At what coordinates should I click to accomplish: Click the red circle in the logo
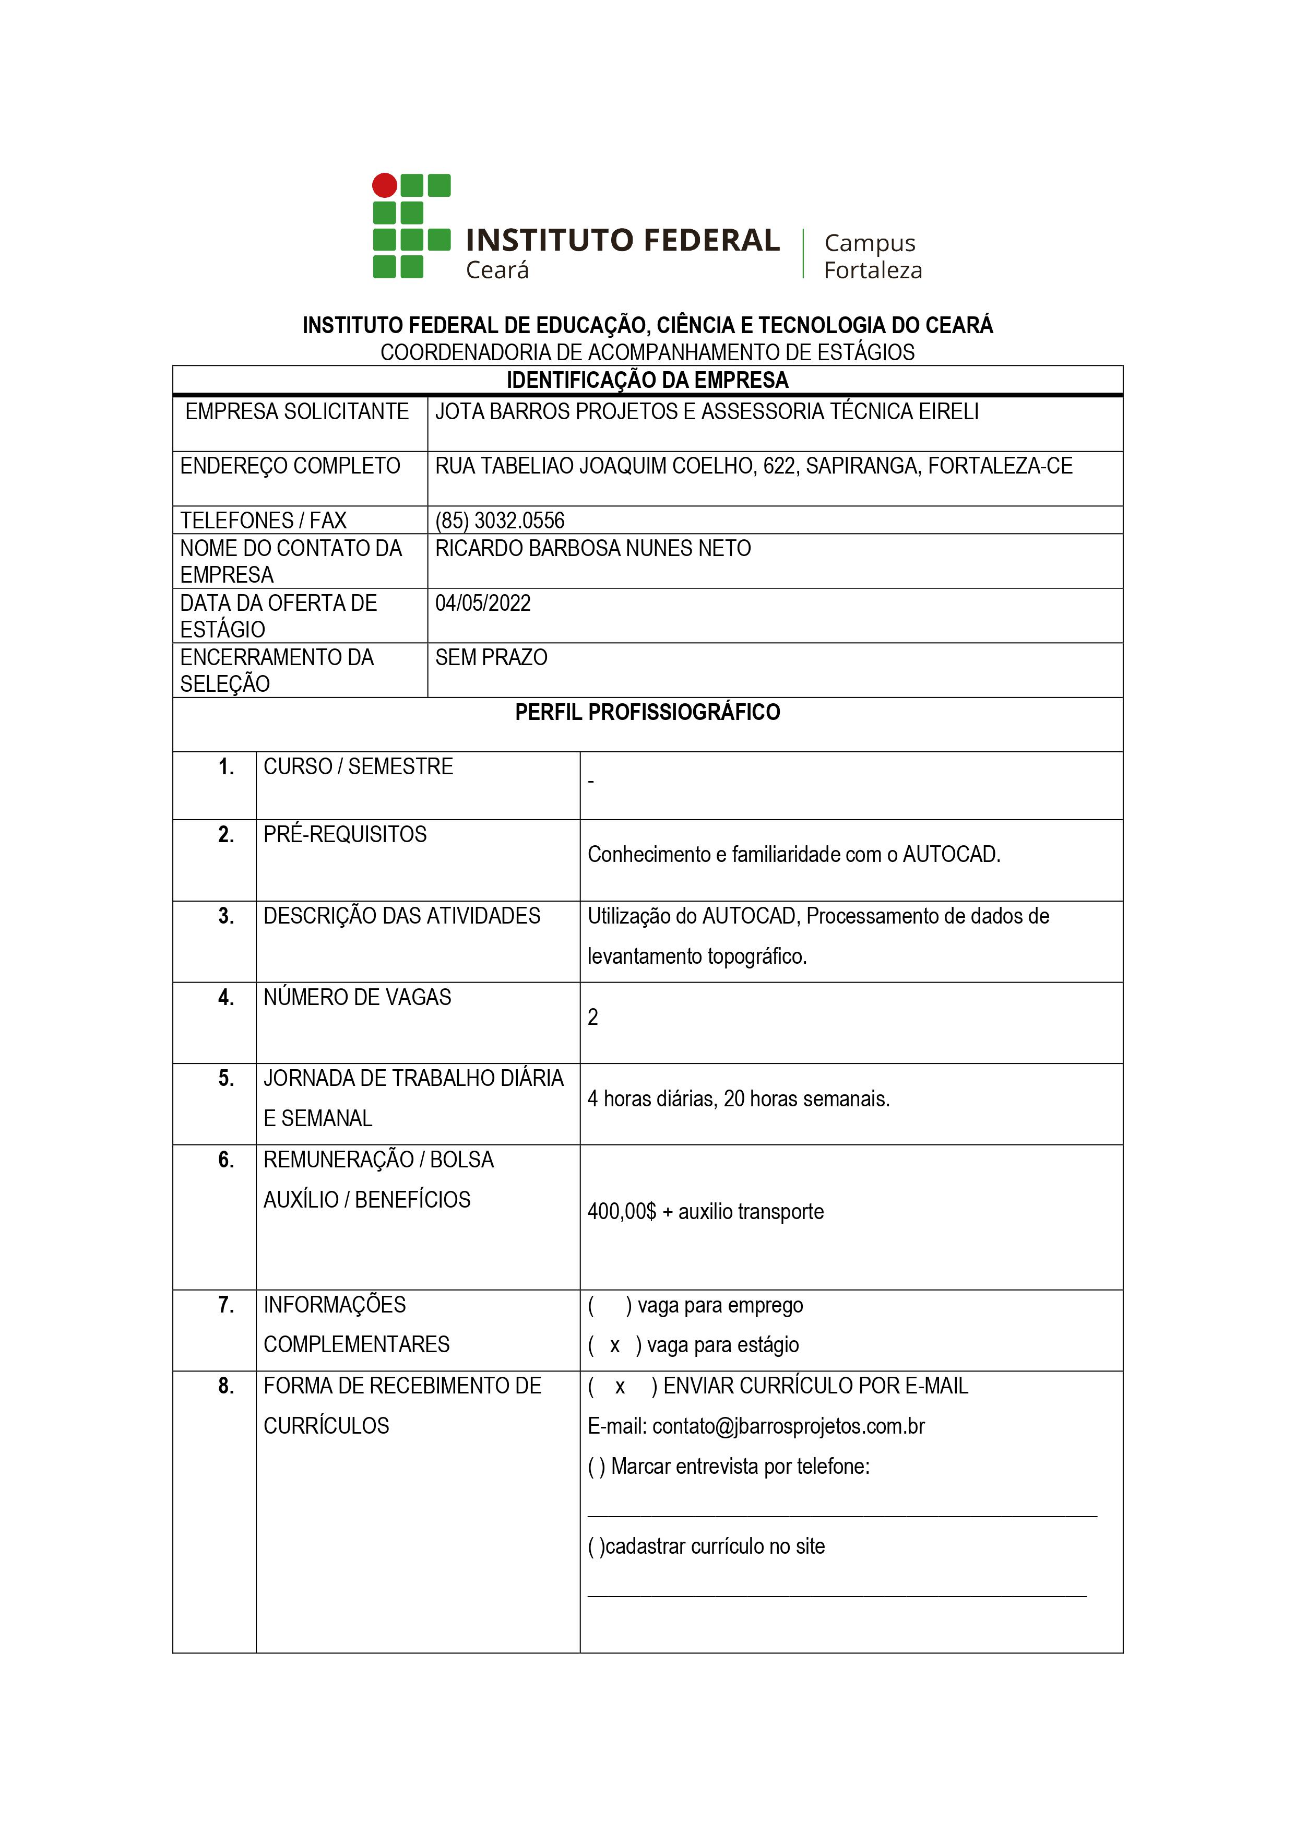click(x=385, y=185)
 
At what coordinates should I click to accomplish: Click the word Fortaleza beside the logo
click(x=872, y=270)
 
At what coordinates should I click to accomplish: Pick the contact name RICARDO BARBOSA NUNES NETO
click(x=593, y=548)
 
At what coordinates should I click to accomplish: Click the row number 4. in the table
click(x=226, y=997)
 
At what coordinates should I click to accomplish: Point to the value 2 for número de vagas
click(x=593, y=1018)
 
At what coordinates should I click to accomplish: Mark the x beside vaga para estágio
click(x=614, y=1345)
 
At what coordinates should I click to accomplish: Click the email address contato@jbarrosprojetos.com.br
click(x=788, y=1426)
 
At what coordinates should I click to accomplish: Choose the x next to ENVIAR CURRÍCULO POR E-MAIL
click(x=620, y=1386)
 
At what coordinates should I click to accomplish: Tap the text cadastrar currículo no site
click(x=714, y=1546)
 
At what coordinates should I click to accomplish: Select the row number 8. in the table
click(x=226, y=1386)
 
